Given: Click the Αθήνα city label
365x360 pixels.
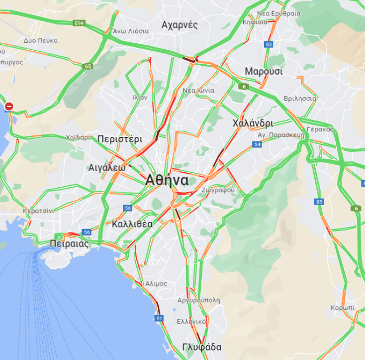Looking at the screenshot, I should [x=167, y=180].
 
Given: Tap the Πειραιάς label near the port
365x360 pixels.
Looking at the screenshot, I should [x=69, y=244].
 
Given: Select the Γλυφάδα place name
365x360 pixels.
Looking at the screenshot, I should [x=202, y=347].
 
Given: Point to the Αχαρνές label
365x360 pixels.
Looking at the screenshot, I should [x=180, y=25].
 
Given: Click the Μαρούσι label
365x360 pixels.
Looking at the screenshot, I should [x=263, y=72].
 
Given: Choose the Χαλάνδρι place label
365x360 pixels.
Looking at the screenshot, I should [x=253, y=123].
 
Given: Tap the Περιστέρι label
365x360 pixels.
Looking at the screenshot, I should [x=120, y=138].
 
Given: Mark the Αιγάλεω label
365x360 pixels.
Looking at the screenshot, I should [x=106, y=167].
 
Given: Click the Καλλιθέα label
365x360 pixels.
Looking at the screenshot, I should [x=132, y=224].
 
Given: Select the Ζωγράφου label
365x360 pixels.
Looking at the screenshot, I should [x=218, y=190].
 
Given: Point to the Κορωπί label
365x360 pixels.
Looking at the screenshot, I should [x=343, y=308].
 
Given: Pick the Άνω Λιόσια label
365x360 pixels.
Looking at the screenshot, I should [x=131, y=31].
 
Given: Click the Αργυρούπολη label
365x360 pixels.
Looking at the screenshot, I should [x=198, y=300].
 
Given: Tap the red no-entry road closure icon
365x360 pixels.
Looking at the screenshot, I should [x=9, y=106].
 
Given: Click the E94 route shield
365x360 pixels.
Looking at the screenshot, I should [x=79, y=23].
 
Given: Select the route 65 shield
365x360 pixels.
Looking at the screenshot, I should [x=88, y=66].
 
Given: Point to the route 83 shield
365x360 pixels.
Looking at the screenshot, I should [x=269, y=44].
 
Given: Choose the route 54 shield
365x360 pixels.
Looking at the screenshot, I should [x=257, y=144].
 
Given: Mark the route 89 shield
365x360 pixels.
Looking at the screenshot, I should [x=319, y=202].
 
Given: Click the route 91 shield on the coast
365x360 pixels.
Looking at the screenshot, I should [x=159, y=318].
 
